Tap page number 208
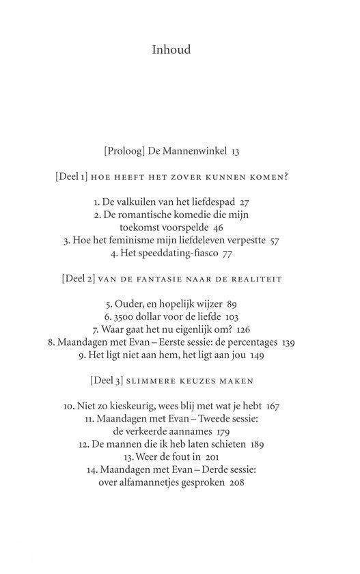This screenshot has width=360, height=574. (x=236, y=482)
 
